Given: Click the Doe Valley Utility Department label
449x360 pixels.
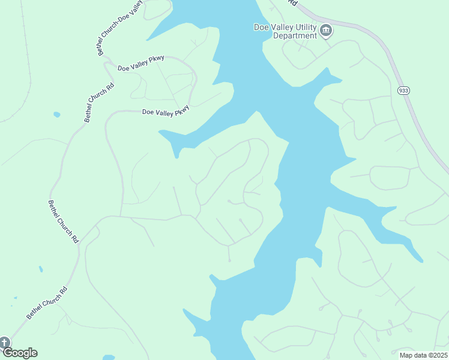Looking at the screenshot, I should click(x=285, y=31).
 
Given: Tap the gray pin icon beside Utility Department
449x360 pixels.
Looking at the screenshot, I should click(x=326, y=31).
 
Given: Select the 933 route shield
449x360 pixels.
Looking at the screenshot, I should click(x=403, y=90).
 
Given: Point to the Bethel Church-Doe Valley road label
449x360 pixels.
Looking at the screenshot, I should click(x=121, y=28).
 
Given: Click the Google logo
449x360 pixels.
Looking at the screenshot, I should click(x=19, y=353).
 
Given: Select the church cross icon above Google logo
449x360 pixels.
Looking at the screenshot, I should click(x=4, y=343).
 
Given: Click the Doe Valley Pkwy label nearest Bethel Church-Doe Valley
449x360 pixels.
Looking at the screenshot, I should click(x=140, y=65).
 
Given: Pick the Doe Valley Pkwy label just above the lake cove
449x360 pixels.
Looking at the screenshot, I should click(x=166, y=111).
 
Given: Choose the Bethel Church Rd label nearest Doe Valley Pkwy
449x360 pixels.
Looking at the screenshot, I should click(x=99, y=103).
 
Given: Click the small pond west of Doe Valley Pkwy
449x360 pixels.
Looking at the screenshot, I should click(x=56, y=114).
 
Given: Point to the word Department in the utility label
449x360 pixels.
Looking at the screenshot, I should click(x=295, y=35).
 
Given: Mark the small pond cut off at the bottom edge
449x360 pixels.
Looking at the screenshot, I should click(x=109, y=357).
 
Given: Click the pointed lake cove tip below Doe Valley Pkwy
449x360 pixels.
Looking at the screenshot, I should click(x=177, y=156).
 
